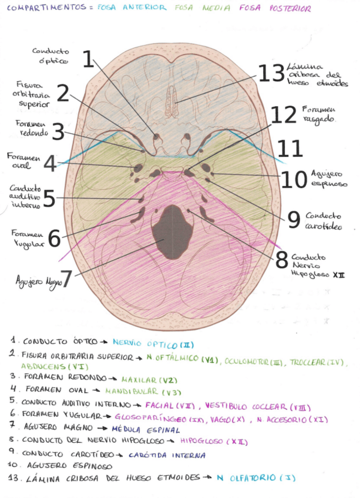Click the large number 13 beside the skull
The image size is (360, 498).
[271, 73]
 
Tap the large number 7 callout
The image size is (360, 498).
[66, 279]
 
